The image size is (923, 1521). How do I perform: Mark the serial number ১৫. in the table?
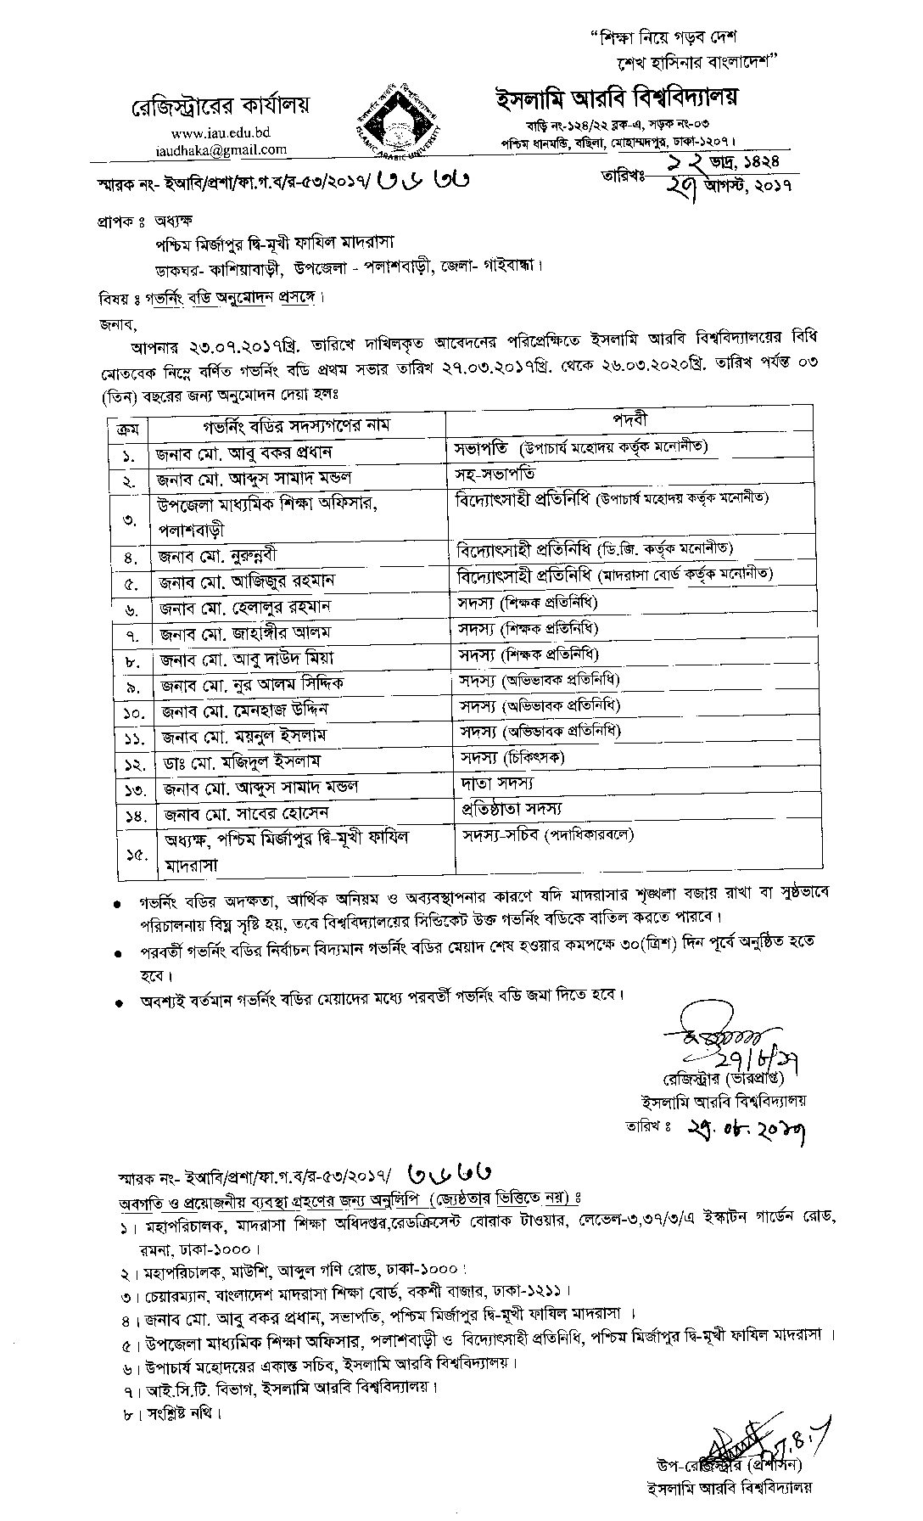click(128, 853)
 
